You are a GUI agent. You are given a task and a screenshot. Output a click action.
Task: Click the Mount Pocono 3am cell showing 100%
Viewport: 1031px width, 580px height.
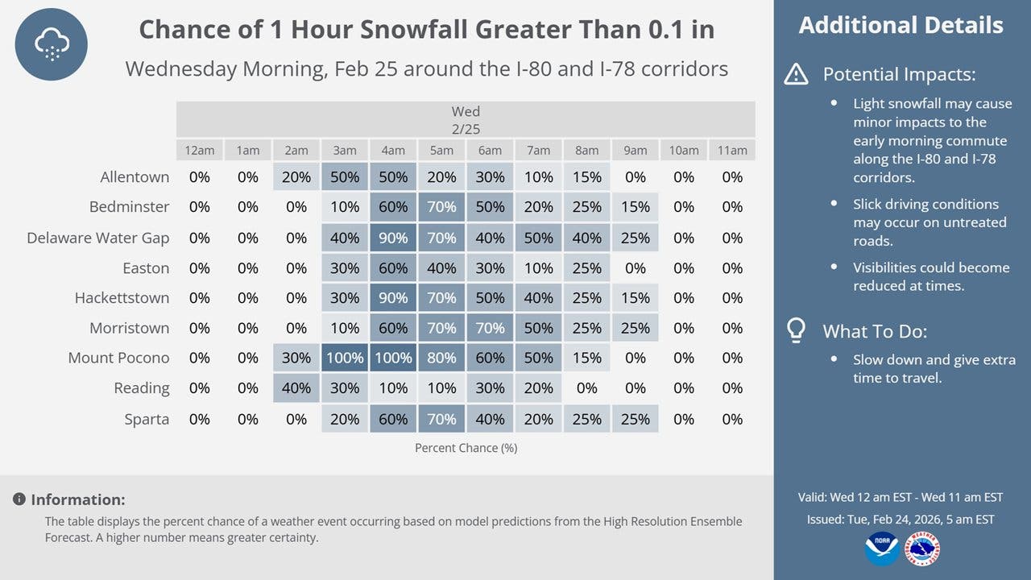click(345, 358)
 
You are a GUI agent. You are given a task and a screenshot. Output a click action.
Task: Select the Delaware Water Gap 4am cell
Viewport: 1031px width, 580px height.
click(393, 238)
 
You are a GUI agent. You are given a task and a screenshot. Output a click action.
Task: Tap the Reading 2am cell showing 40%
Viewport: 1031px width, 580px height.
click(296, 388)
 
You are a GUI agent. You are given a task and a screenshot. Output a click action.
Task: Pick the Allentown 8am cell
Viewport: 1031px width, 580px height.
click(587, 177)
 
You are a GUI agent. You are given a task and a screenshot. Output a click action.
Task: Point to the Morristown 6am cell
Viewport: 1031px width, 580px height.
click(490, 328)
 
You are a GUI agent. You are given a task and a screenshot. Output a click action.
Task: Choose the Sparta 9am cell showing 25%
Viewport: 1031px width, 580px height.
click(636, 419)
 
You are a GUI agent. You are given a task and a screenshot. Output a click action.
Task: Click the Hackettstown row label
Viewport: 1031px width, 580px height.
click(122, 298)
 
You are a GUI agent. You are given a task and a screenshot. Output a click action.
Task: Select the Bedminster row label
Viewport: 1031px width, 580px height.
click(129, 207)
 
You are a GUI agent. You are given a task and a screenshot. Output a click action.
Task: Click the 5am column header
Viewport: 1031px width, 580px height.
click(441, 150)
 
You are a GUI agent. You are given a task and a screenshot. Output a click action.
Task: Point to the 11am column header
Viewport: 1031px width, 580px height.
click(732, 150)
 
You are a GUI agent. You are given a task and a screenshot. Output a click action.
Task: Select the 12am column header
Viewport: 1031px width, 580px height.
click(200, 150)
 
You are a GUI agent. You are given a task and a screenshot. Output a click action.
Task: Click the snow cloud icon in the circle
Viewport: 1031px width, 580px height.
click(51, 44)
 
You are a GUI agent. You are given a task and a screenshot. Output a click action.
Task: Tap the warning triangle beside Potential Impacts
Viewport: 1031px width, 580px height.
click(796, 75)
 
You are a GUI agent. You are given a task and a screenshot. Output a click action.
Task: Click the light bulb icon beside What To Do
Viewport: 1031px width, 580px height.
click(796, 329)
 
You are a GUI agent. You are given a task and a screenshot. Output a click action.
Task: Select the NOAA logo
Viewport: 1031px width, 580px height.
click(881, 548)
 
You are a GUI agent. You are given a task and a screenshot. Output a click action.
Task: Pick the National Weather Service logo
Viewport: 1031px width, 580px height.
click(922, 548)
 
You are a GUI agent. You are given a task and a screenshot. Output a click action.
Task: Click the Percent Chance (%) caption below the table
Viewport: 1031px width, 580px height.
click(466, 448)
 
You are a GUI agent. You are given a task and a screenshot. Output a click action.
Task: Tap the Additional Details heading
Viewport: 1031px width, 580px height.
click(901, 26)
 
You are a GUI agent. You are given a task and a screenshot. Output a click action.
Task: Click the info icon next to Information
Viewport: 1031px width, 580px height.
click(19, 499)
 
